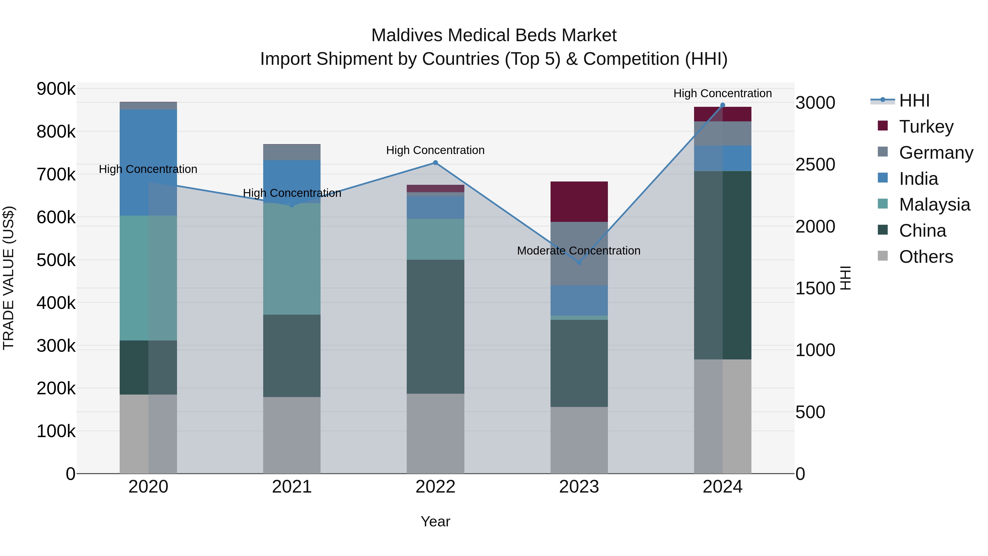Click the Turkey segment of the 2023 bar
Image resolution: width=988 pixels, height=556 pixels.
click(x=579, y=202)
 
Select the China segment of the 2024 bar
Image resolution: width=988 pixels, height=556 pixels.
click(x=722, y=265)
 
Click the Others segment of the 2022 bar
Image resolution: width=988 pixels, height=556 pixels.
click(x=435, y=433)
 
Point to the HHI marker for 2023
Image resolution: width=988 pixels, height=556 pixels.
click(x=579, y=262)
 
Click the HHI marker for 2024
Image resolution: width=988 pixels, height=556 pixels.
click(x=723, y=105)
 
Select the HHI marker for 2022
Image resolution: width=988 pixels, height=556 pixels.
click(x=435, y=163)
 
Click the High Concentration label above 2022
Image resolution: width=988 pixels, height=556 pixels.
click(x=435, y=150)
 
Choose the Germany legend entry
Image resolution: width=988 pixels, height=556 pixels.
click(x=936, y=153)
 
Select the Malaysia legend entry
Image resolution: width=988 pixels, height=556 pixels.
click(x=934, y=205)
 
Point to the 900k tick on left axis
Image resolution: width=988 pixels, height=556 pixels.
click(x=56, y=89)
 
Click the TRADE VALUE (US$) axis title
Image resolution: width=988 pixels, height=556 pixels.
click(x=9, y=278)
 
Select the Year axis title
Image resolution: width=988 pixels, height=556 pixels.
click(x=435, y=521)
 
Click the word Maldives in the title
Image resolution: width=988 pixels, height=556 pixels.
click(x=407, y=35)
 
